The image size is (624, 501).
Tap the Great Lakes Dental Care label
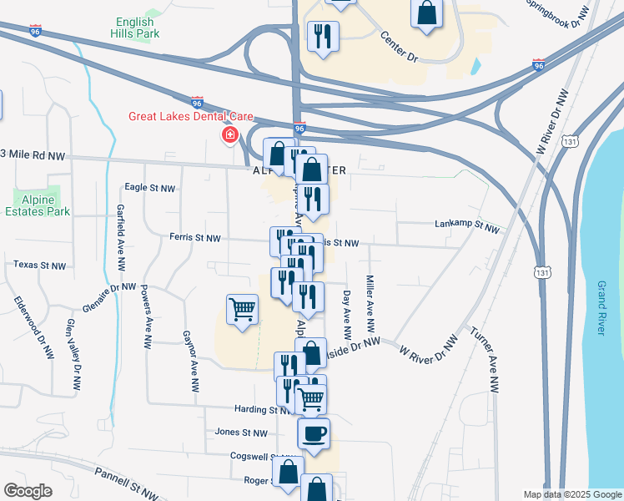[184, 117]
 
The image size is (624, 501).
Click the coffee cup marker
[314, 433]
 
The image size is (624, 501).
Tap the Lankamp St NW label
[466, 225]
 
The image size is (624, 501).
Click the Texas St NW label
[39, 266]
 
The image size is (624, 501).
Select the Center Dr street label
[397, 47]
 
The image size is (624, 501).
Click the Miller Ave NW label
[370, 302]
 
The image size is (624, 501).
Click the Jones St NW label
[240, 433]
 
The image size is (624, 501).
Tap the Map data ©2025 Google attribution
[572, 494]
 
